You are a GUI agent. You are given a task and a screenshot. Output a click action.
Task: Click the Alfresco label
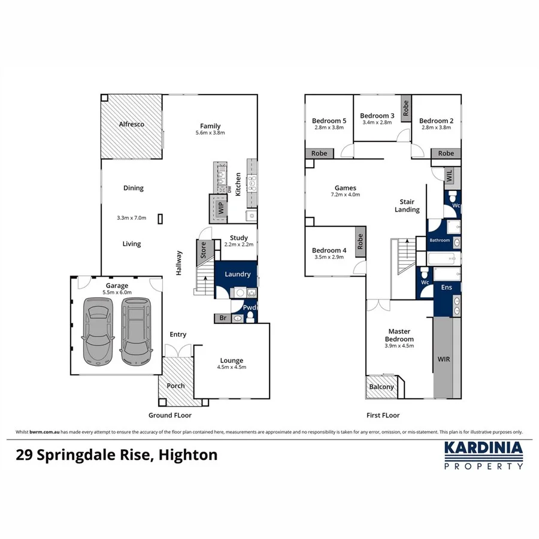pos(131,125)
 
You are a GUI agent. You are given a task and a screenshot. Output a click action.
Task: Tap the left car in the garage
pos(98,331)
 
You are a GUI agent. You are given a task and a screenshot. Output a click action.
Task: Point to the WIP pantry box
pos(220,208)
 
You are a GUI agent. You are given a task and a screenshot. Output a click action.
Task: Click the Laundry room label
pos(237,274)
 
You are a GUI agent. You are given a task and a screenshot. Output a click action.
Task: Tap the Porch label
pos(175,386)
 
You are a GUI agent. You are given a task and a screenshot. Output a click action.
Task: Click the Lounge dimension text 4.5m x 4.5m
pos(231,368)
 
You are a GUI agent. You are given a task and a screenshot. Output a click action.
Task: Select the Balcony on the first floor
pos(381,387)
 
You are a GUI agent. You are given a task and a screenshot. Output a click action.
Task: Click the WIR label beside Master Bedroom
pos(444,359)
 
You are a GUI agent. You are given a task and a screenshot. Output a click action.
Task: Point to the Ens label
pos(447,288)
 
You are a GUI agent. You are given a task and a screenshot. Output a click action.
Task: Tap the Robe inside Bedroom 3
pos(405,108)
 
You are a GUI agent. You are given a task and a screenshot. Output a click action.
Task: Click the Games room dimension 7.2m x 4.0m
pos(346,195)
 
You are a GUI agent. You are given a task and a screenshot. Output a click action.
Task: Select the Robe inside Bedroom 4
pos(360,241)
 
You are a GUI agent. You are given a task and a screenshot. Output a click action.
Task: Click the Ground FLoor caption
pos(170,415)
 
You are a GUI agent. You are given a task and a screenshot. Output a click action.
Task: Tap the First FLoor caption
pos(383,415)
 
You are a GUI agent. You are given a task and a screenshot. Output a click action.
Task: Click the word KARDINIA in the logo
pos(483,449)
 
